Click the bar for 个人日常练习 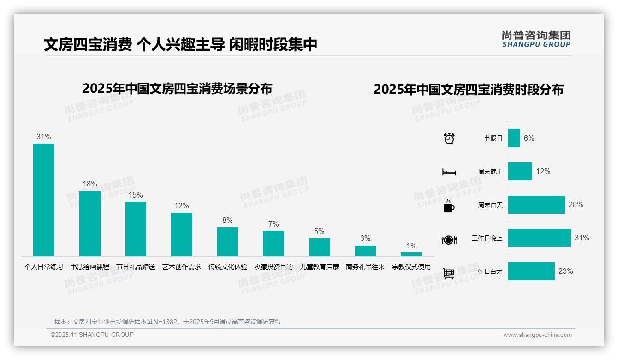44,199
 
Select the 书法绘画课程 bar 89,223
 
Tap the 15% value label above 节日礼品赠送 136,195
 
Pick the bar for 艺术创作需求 182,234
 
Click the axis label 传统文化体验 227,267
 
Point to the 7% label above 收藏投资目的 273,224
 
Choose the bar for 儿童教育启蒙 319,247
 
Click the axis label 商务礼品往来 365,267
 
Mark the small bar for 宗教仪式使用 411,254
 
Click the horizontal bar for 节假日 514,138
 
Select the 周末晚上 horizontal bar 520,171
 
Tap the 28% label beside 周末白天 576,204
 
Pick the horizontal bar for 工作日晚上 540,238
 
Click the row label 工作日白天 487,271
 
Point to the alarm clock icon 449,138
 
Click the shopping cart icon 449,273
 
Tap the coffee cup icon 449,206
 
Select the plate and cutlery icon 449,240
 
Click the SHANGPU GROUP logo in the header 536,39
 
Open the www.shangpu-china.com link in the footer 537,335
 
